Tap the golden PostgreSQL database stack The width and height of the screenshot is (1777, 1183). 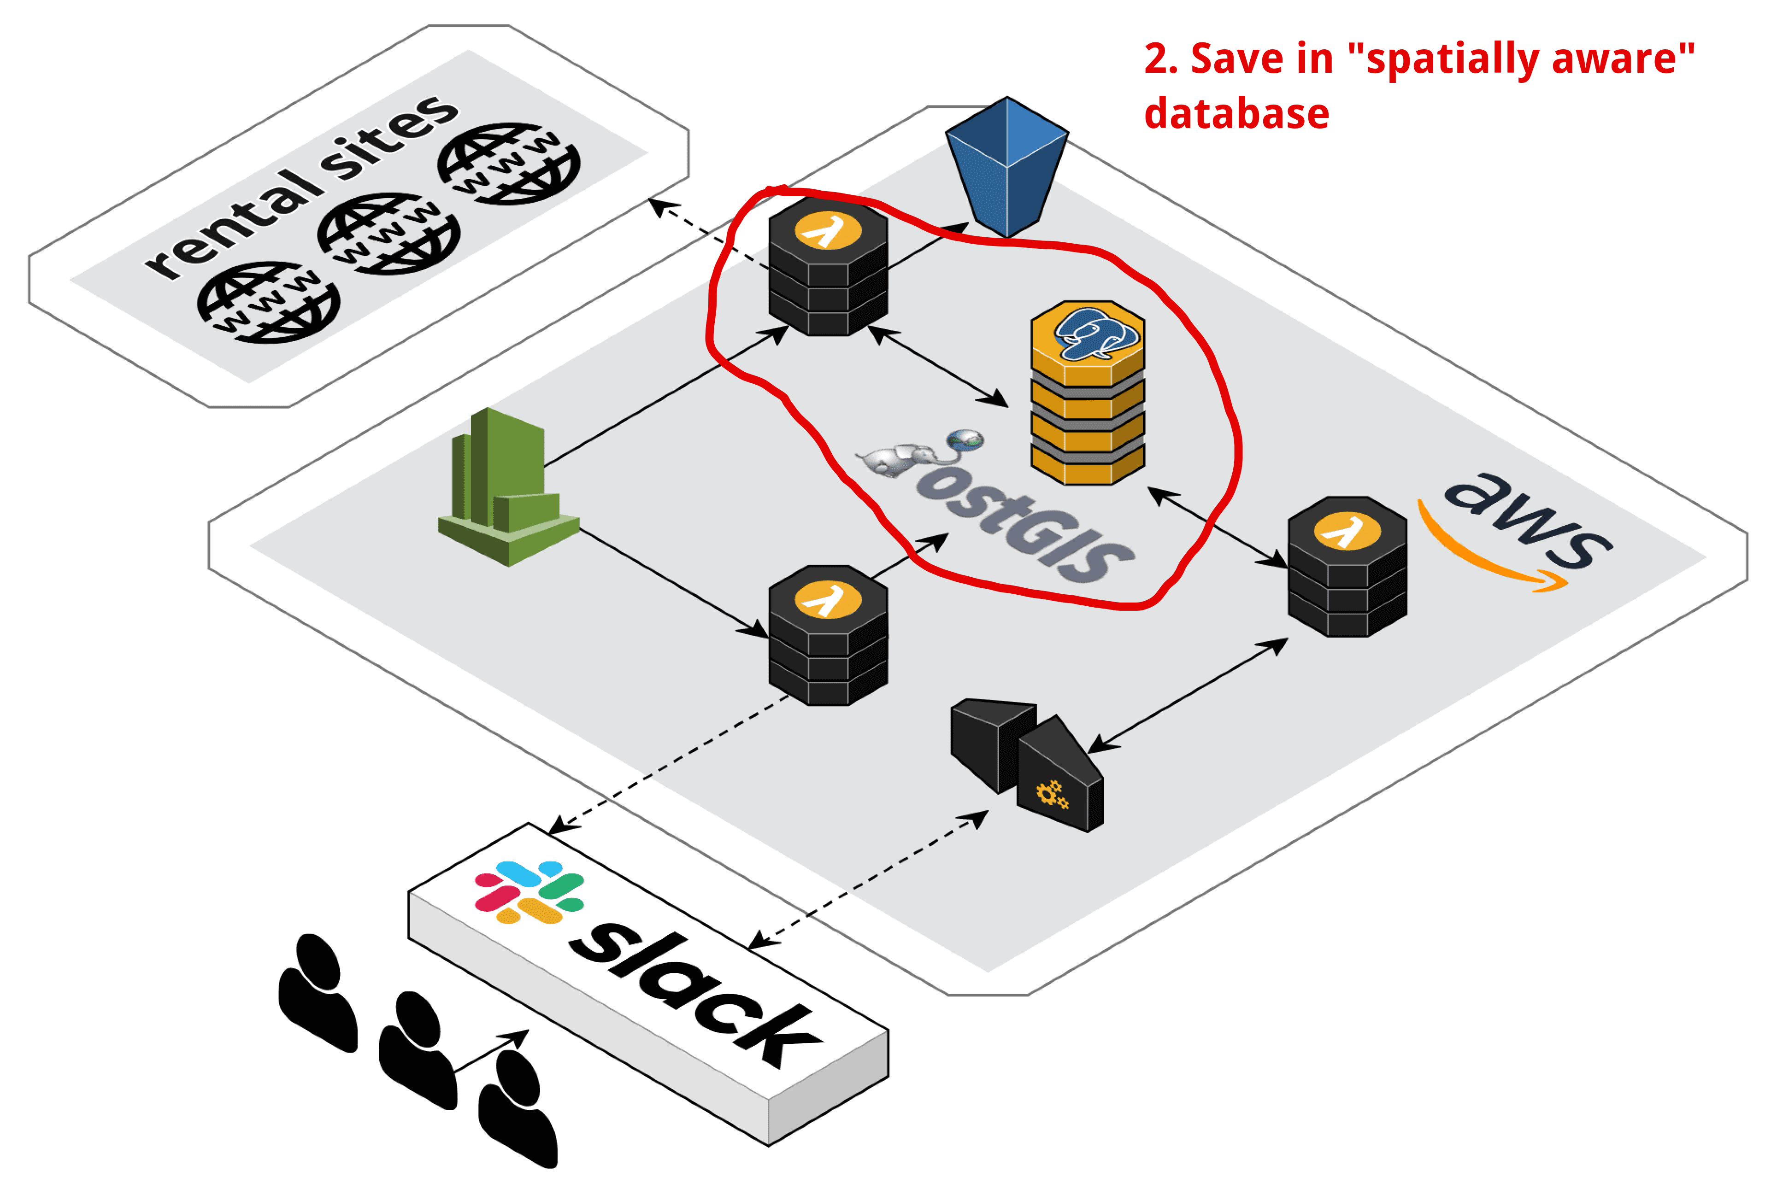pyautogui.click(x=1087, y=392)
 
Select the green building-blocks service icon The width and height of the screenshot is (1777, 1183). pyautogui.click(x=508, y=486)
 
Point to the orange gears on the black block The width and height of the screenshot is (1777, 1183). pyautogui.click(x=1052, y=795)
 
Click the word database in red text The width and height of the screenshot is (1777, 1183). pyautogui.click(x=1236, y=114)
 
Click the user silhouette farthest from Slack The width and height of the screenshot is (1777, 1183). pyautogui.click(x=317, y=992)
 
